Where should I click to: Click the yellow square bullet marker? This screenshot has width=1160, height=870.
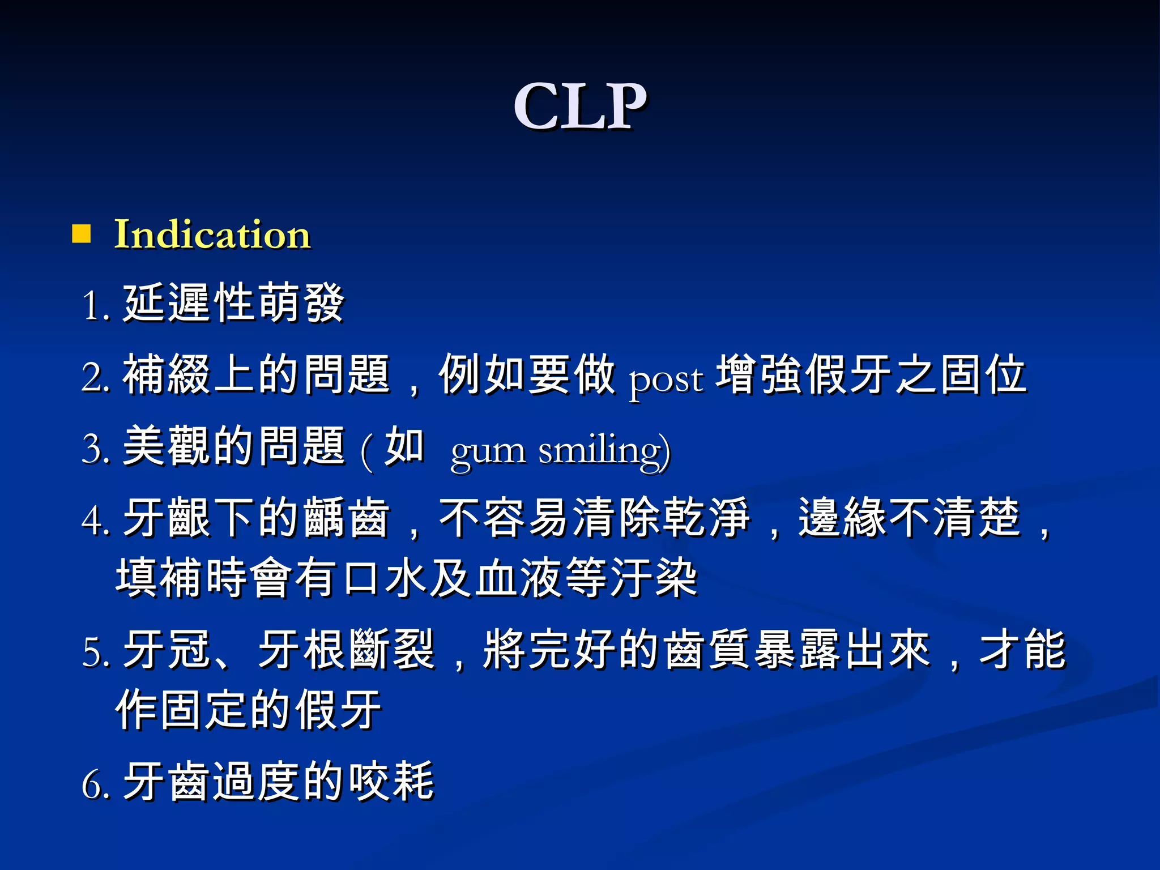[82, 233]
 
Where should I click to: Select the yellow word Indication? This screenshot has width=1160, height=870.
[212, 234]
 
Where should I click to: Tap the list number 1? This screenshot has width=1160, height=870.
[93, 306]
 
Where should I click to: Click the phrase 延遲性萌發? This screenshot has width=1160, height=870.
[233, 302]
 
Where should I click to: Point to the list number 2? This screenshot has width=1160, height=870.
[93, 377]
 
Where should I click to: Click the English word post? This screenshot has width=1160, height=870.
[666, 378]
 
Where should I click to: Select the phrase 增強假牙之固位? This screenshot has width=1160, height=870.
[871, 374]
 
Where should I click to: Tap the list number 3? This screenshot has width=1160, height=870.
[93, 449]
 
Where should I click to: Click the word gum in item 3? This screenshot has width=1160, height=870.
[488, 451]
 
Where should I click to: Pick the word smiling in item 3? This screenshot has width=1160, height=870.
[604, 451]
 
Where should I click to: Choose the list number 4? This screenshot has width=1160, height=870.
[93, 520]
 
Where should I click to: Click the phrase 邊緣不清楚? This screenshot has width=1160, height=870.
[910, 517]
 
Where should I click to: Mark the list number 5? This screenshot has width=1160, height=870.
[93, 652]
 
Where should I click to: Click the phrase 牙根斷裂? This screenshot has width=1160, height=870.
[346, 649]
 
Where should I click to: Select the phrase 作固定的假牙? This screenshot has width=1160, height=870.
[249, 709]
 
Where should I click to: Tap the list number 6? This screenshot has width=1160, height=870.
[93, 785]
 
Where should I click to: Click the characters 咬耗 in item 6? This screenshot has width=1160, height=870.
[391, 782]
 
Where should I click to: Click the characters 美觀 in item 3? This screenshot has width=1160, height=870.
[167, 446]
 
